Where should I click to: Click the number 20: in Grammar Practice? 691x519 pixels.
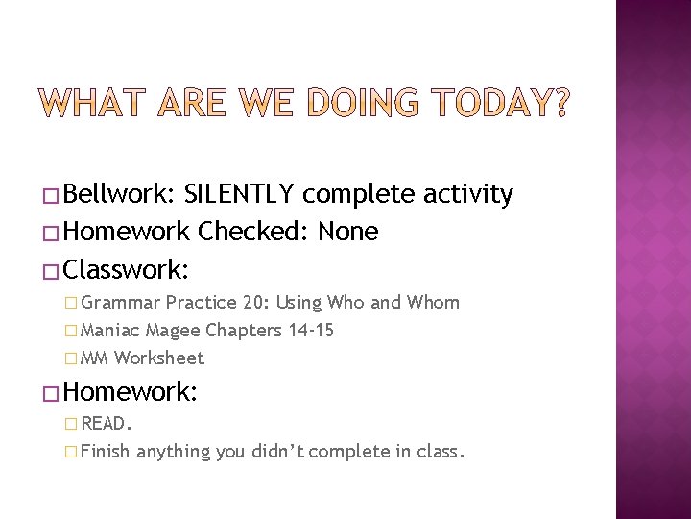pyautogui.click(x=255, y=303)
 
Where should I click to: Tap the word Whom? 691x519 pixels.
pyautogui.click(x=432, y=303)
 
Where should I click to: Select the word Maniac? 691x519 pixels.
pyautogui.click(x=112, y=331)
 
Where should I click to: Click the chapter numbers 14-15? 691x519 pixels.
pyautogui.click(x=304, y=331)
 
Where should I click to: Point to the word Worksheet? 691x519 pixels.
pyautogui.click(x=159, y=358)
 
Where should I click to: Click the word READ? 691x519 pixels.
pyautogui.click(x=107, y=422)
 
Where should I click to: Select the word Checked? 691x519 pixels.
pyautogui.click(x=256, y=232)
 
